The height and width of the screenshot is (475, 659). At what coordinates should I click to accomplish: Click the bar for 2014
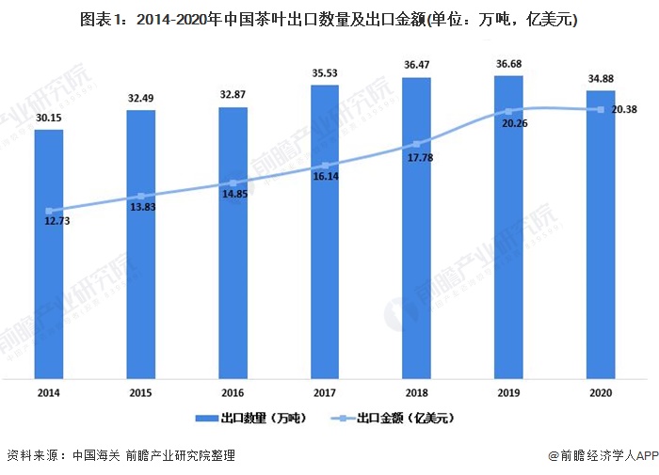[x=49, y=254]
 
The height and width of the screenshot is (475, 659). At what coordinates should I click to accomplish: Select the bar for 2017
[x=325, y=231]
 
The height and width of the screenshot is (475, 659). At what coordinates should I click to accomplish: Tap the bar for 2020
[x=601, y=235]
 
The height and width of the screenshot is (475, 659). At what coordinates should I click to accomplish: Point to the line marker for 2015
[x=141, y=197]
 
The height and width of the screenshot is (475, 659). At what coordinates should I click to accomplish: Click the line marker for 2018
[x=417, y=144]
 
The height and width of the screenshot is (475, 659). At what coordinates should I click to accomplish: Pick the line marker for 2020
[x=601, y=110]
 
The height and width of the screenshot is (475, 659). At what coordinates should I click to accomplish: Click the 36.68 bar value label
[x=509, y=64]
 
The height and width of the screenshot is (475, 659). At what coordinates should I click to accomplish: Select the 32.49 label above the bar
[x=141, y=98]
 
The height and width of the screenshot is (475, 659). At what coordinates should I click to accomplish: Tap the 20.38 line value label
[x=624, y=110]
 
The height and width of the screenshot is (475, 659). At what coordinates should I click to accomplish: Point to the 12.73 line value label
[x=57, y=221]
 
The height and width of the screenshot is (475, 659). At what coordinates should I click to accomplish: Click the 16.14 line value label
[x=326, y=177]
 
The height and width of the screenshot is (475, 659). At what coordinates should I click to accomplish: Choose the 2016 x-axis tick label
[x=233, y=393]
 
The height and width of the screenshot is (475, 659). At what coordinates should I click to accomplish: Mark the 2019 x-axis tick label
[x=508, y=393]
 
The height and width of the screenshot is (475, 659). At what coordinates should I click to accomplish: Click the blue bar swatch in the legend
[x=207, y=419]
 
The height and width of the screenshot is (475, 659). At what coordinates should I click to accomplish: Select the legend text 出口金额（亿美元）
[x=406, y=418]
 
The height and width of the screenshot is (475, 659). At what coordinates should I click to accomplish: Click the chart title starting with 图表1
[x=329, y=20]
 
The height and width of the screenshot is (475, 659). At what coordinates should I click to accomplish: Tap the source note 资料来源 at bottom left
[x=121, y=455]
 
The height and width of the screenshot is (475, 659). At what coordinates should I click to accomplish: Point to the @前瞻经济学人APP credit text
[x=603, y=455]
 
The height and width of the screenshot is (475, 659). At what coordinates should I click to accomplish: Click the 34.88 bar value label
[x=601, y=79]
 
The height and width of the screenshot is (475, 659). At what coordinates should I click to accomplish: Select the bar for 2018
[x=416, y=228]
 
